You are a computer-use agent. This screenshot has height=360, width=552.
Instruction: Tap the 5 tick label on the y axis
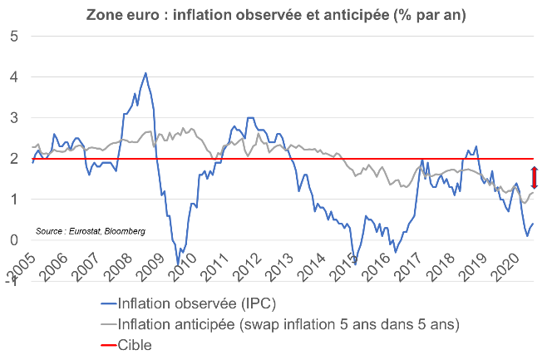[13, 36]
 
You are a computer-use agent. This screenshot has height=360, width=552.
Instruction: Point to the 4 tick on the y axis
[13, 76]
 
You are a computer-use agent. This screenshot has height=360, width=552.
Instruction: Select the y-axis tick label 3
[13, 117]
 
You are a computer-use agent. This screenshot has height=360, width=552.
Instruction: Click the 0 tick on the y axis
[13, 240]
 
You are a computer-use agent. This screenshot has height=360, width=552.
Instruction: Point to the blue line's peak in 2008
[145, 73]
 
